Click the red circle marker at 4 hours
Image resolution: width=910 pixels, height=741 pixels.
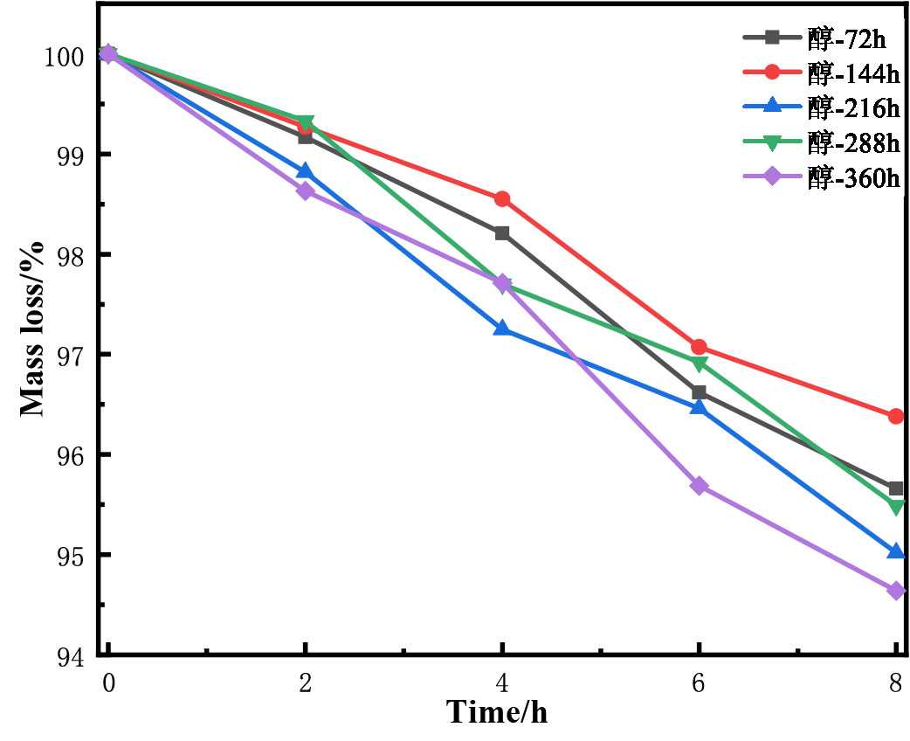502,199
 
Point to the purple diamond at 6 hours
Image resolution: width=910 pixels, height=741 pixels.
699,486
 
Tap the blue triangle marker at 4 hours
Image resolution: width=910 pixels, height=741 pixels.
502,329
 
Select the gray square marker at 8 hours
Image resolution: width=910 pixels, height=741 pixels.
896,488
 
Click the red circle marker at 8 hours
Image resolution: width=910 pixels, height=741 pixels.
896,417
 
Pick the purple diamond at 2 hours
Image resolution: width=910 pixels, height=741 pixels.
305,190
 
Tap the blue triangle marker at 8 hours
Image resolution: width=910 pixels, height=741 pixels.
896,551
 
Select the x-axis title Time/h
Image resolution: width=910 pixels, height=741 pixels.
497,713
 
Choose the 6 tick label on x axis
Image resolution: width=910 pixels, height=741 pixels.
699,682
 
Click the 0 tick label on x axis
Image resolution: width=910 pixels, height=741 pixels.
108,682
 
